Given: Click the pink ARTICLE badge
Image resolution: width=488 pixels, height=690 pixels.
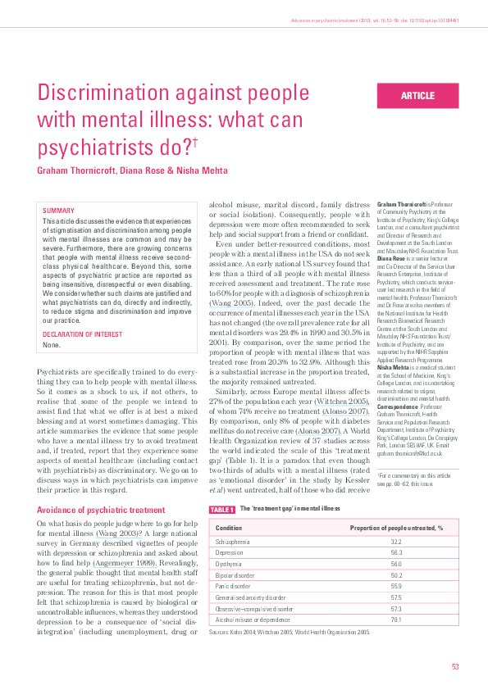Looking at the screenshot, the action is click(x=417, y=96).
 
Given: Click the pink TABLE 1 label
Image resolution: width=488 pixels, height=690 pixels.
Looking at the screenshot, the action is click(x=221, y=509).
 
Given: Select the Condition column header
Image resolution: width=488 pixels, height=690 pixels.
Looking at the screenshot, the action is click(x=229, y=529).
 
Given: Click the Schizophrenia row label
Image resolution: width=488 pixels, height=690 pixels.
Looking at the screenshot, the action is click(x=234, y=542).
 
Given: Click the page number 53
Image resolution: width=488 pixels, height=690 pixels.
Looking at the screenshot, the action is click(x=454, y=666).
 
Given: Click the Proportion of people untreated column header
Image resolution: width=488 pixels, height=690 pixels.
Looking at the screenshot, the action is click(x=396, y=529).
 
